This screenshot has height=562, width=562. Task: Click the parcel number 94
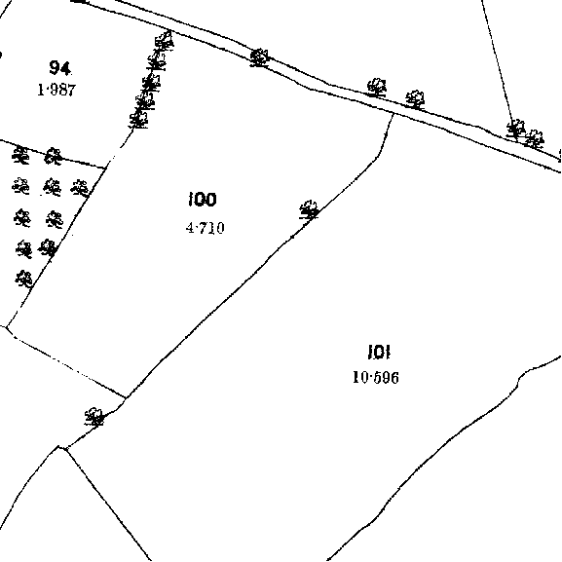(59, 67)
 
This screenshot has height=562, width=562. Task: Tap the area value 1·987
(57, 90)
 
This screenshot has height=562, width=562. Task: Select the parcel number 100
(203, 200)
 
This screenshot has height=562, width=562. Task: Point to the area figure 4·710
(206, 228)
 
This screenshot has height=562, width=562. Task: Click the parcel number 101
(379, 352)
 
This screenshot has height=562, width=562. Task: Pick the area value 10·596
(376, 377)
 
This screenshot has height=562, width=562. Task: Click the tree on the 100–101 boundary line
(309, 209)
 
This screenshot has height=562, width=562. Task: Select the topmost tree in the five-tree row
(165, 40)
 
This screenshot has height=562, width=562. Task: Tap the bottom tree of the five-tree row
(138, 119)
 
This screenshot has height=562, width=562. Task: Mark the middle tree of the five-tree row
(151, 83)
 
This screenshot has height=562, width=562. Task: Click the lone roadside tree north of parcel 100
(259, 58)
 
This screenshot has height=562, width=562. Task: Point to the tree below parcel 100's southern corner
(94, 417)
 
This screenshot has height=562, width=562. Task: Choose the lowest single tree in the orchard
(24, 279)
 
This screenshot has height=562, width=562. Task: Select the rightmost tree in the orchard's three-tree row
(80, 188)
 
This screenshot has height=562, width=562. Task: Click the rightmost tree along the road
(534, 139)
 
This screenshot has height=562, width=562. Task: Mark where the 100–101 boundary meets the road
(393, 114)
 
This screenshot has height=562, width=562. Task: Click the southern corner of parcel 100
(126, 397)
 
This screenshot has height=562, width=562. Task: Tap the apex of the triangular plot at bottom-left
(59, 447)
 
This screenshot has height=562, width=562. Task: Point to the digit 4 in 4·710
(190, 228)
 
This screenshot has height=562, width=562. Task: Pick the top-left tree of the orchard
(20, 156)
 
